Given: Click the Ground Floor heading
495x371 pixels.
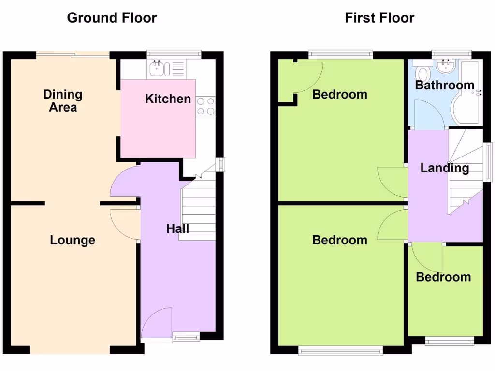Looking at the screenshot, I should point(112,18).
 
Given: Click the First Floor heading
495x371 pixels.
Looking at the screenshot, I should point(379,18).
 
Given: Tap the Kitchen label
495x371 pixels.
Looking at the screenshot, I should point(168,99).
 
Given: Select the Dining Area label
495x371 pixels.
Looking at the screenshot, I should point(63,100).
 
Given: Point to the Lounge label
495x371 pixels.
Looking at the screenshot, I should point(73,240).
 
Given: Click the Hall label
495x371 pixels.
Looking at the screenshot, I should point(177,228).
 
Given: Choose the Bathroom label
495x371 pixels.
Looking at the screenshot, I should point(445,86).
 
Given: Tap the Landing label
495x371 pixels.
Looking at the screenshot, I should point(444,168).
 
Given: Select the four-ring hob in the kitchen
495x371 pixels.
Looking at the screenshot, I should point(206,106).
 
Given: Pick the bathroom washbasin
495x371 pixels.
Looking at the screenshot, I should point(443,67).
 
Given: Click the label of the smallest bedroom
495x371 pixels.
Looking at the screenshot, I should point(443,277).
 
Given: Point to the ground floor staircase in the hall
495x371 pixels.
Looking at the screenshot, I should point(198,213).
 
